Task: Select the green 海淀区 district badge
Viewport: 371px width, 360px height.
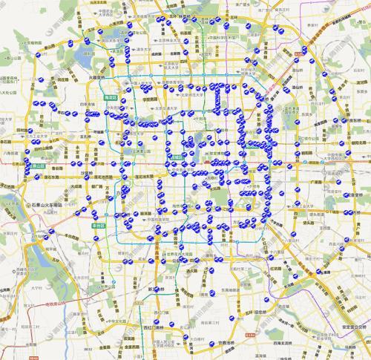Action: point(110,96)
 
